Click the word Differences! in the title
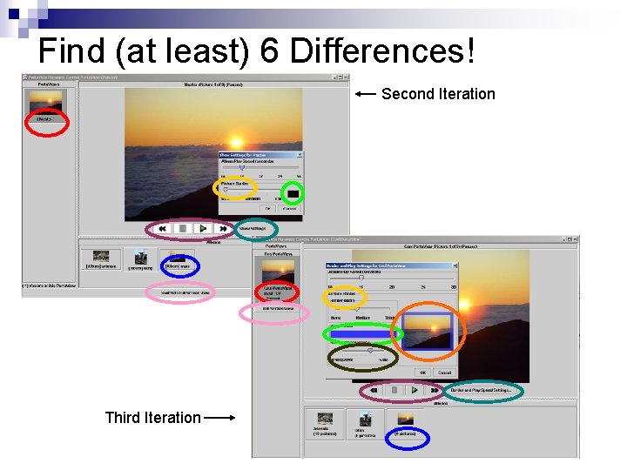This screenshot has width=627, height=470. pos(382,51)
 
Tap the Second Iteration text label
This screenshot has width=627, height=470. pos(438,94)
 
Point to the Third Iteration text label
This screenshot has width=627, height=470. pos(152,418)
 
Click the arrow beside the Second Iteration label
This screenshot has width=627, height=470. pos(366,93)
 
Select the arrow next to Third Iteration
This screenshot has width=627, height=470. pos(219,418)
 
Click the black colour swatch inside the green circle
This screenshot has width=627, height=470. pos(293,192)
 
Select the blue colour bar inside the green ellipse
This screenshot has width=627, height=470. pos(362,333)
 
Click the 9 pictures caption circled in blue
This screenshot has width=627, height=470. pos(407,433)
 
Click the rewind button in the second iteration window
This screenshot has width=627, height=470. pos(163,229)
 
